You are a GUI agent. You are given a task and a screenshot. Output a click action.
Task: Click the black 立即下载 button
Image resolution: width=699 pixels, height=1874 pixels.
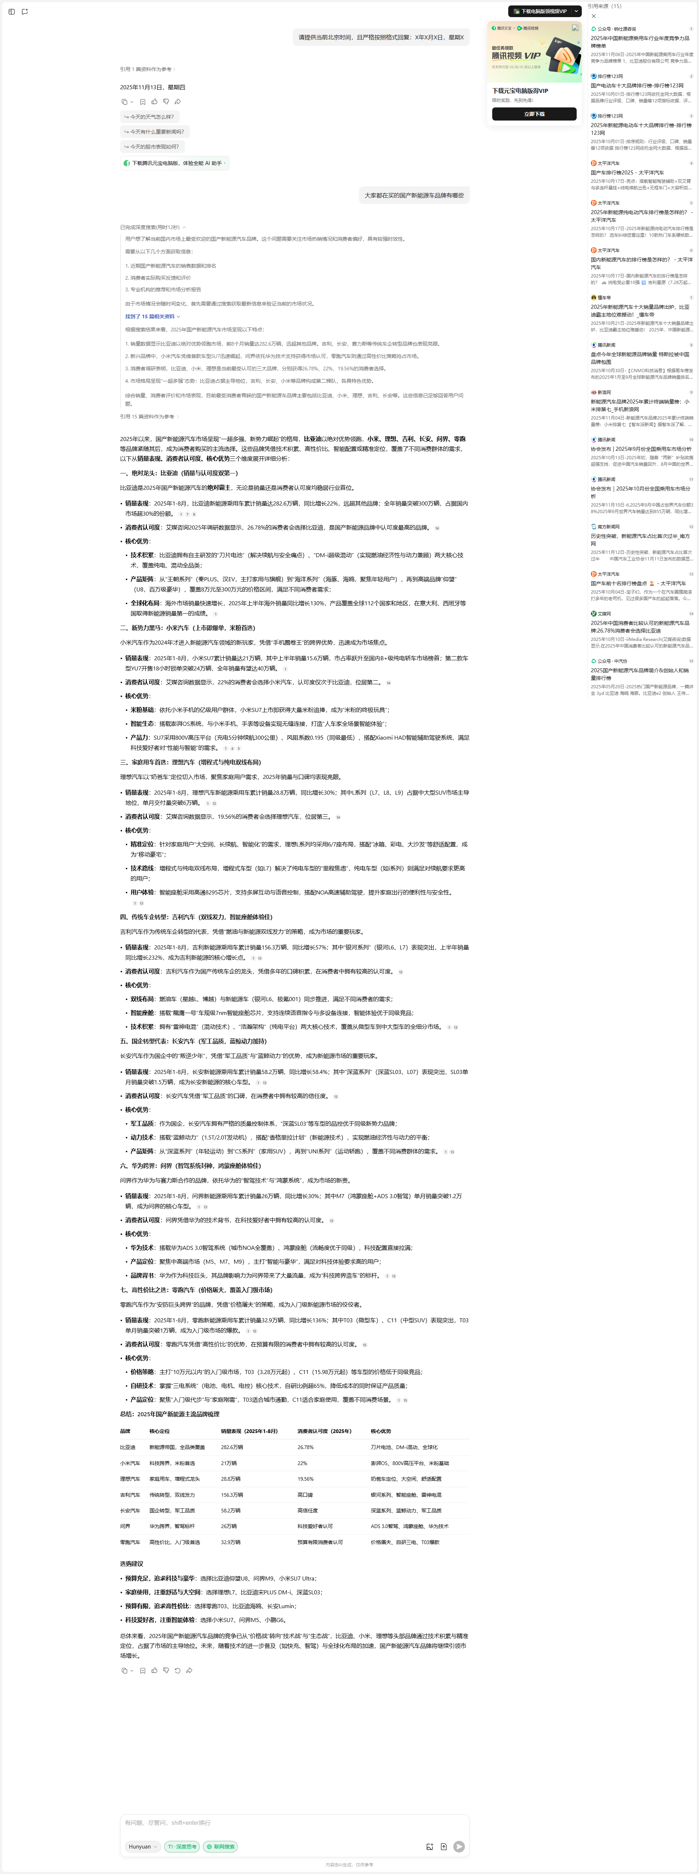click(534, 114)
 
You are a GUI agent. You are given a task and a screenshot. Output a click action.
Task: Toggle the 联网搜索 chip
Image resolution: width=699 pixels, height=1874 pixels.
click(220, 1846)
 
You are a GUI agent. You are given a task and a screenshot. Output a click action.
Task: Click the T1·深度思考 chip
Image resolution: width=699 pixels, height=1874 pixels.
click(182, 1846)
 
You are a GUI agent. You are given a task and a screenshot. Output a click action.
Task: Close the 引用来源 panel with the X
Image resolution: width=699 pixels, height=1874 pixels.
click(593, 16)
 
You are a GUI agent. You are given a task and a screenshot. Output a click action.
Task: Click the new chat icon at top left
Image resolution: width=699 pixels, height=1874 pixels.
click(25, 12)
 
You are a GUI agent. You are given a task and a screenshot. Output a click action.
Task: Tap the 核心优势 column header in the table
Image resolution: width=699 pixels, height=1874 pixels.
click(380, 1431)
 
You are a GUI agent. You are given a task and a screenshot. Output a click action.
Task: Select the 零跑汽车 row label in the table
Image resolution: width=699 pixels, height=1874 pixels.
click(130, 1542)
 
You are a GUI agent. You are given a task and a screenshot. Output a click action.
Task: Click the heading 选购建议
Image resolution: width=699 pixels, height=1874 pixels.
click(132, 1563)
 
